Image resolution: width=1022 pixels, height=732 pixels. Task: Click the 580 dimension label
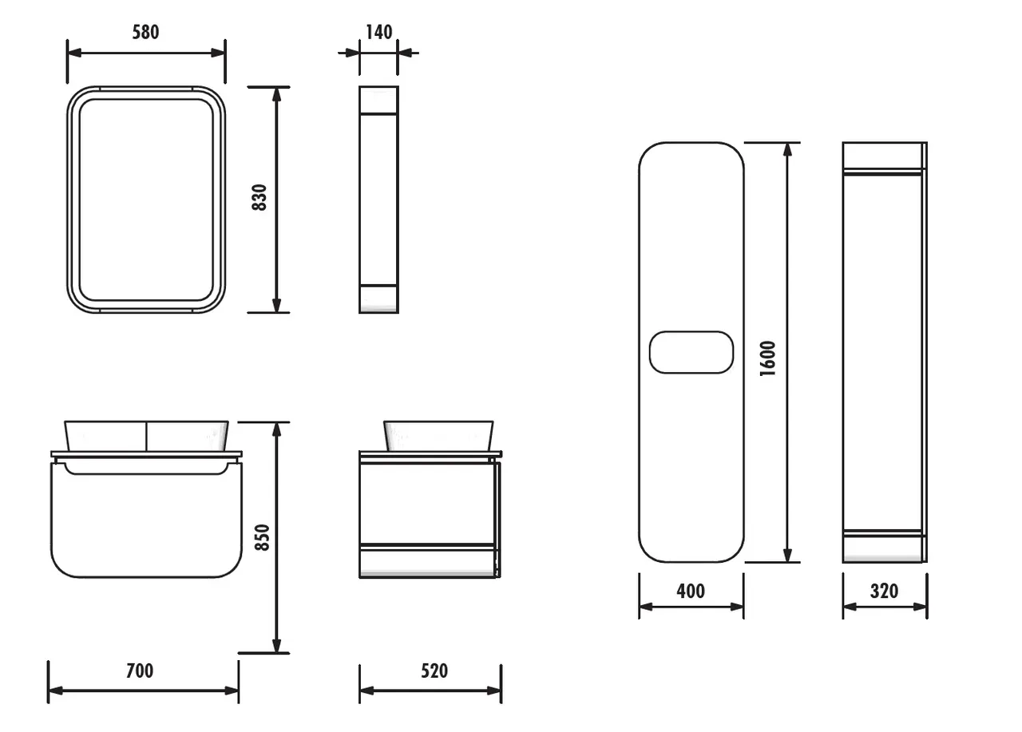(x=145, y=32)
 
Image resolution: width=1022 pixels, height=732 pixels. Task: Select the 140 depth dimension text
(x=378, y=32)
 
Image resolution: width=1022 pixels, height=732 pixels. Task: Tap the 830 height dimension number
(x=259, y=198)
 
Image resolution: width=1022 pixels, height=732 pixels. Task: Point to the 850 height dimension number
(x=261, y=537)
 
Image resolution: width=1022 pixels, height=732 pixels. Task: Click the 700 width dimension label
(x=140, y=671)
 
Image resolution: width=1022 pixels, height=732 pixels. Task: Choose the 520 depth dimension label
(x=434, y=671)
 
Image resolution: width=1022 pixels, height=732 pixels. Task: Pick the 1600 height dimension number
(x=767, y=359)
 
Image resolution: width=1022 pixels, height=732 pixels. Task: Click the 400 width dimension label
(x=691, y=591)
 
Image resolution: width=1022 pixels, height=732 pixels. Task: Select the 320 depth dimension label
(x=884, y=591)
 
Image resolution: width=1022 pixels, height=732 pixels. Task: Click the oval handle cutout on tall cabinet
(x=691, y=352)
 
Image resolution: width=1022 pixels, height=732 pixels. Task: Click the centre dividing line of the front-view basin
(x=146, y=435)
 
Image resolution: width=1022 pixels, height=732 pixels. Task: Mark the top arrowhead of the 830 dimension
(x=276, y=93)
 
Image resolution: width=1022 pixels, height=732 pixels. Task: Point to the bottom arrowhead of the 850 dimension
(x=276, y=647)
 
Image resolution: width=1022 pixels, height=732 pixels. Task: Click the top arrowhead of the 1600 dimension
(x=788, y=148)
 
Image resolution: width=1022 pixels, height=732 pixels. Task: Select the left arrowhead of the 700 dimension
(x=54, y=690)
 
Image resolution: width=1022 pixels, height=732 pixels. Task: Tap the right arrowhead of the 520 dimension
(x=495, y=690)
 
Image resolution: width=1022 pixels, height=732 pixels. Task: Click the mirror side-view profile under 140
(x=378, y=200)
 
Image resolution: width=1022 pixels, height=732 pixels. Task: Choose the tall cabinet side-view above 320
(x=884, y=351)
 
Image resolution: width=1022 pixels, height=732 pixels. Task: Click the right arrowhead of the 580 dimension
(x=219, y=53)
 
